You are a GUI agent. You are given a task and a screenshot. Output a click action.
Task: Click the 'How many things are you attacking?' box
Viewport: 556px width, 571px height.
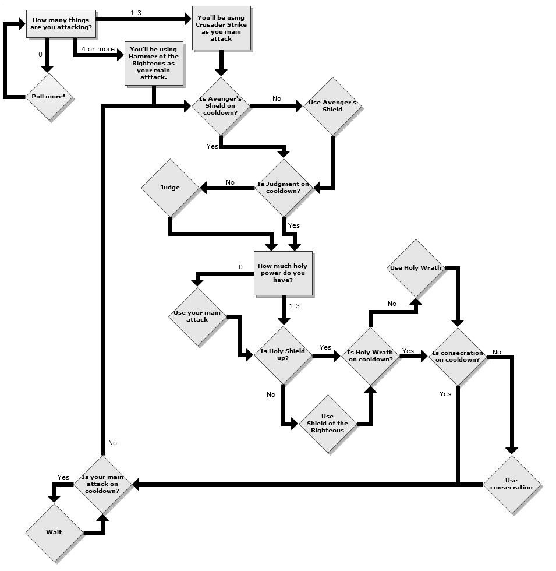(61, 24)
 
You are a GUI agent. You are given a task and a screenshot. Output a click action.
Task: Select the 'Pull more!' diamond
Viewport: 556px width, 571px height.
(48, 97)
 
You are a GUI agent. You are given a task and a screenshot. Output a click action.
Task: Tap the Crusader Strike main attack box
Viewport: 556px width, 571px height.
(221, 29)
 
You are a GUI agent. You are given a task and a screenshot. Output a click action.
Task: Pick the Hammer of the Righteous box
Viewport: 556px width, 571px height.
(154, 64)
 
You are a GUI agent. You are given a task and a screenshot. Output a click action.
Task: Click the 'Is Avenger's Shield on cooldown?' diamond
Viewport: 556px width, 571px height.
(221, 106)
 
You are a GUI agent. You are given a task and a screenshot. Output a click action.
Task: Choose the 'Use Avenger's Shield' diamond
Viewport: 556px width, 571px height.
(332, 106)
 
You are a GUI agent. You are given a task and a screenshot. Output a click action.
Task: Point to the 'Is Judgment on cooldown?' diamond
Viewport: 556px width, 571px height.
(284, 188)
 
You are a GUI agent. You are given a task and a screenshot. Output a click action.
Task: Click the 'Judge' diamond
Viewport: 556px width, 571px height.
(170, 188)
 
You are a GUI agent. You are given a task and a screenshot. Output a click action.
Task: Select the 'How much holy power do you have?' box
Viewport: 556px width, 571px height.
(283, 273)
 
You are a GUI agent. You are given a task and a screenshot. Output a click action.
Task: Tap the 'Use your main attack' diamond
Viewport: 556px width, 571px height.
(197, 316)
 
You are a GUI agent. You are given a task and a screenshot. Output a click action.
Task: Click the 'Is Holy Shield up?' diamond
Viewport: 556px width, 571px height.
(283, 355)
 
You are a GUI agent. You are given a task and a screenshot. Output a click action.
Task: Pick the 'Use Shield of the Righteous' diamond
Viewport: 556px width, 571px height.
(327, 424)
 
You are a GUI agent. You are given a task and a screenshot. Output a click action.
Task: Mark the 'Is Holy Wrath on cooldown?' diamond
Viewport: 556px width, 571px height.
(370, 355)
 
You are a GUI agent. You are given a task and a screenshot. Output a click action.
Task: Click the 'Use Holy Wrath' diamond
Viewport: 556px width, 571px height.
(416, 268)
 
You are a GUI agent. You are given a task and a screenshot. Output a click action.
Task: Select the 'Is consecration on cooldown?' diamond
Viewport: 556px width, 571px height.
(458, 356)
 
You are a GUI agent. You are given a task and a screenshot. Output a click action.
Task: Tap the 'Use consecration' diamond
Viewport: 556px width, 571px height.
(512, 484)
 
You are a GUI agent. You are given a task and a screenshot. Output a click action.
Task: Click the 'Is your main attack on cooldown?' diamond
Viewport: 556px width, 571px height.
(103, 484)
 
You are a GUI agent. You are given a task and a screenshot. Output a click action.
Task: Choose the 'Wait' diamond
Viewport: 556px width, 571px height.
(54, 532)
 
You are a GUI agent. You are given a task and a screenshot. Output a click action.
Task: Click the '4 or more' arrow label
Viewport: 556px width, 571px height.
(98, 49)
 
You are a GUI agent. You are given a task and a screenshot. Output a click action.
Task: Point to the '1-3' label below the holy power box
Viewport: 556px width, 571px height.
(294, 306)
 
